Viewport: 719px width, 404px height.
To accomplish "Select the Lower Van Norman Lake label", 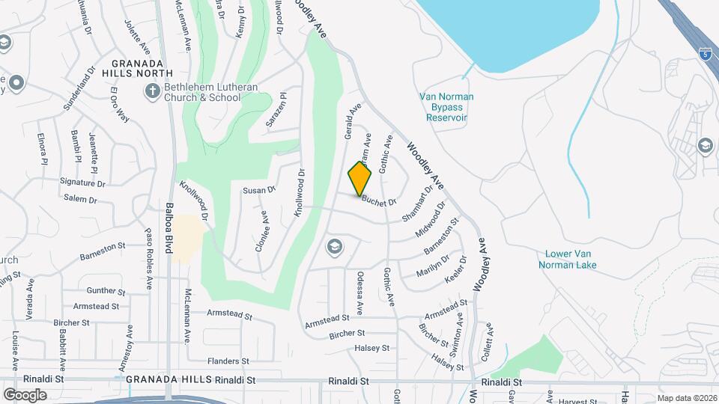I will [570, 259].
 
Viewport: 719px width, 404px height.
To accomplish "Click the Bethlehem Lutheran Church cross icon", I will [152, 92].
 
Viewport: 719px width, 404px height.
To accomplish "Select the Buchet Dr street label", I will [377, 201].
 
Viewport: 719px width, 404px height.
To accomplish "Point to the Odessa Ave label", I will [359, 293].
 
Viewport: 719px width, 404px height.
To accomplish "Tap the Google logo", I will [25, 394].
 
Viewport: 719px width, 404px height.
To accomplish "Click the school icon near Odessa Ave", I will [334, 246].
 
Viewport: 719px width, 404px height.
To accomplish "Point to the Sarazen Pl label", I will [276, 109].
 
